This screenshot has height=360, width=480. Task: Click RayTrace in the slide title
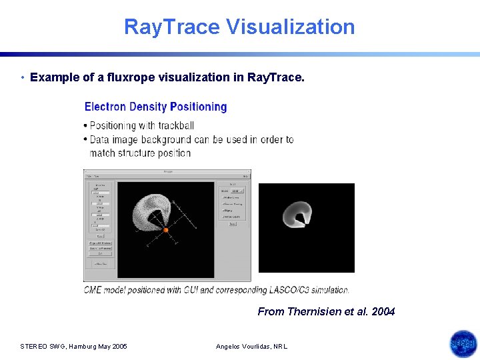point(171,27)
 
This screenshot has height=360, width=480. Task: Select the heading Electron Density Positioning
point(155,107)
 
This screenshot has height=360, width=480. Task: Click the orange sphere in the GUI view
point(165,230)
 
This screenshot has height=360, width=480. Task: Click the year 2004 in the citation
point(383,311)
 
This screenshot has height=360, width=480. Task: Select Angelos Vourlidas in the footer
point(245,347)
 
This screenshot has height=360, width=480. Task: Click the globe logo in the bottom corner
point(463,344)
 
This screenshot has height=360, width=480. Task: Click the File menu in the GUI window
point(88,176)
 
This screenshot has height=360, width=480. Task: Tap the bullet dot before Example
point(23,78)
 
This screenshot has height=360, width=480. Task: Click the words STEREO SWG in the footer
point(41,347)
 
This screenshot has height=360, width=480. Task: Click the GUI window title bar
point(167,172)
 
